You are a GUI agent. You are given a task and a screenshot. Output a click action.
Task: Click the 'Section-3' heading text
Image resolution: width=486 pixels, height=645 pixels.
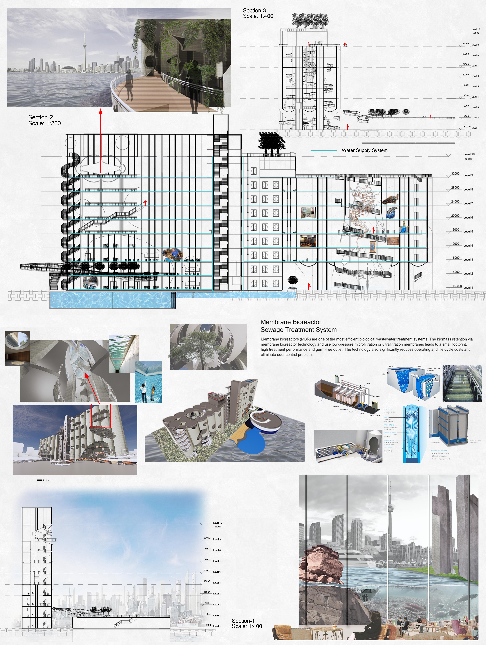point(254,10)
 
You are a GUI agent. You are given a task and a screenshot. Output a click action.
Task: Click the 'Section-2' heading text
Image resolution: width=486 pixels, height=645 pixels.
point(40,117)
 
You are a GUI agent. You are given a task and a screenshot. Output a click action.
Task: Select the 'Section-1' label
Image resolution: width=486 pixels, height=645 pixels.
point(243,621)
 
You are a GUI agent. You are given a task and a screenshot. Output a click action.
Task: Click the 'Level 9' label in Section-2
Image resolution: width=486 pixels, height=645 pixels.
point(468,175)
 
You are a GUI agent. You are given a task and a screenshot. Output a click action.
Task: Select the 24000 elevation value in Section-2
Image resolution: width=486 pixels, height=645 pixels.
point(455,202)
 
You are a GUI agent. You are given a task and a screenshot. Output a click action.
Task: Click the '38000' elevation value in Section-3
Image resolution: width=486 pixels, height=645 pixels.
point(476,33)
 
